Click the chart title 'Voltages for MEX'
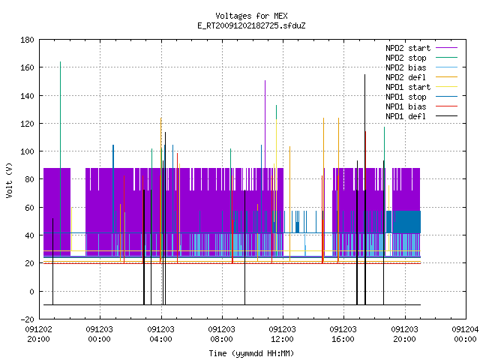pyautogui.click(x=251, y=16)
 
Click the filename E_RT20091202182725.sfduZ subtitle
pyautogui.click(x=251, y=25)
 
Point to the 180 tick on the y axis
pyautogui.click(x=27, y=40)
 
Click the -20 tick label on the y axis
pyautogui.click(x=27, y=319)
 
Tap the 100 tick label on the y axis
pyautogui.click(x=27, y=151)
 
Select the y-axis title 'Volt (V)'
pyautogui.click(x=9, y=180)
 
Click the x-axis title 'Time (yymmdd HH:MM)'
pyautogui.click(x=251, y=353)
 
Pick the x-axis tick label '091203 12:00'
pyautogui.click(x=282, y=334)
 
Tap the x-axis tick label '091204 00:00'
pyautogui.click(x=465, y=334)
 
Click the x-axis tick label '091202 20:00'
pyautogui.click(x=38, y=334)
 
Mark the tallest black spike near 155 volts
pyautogui.click(x=365, y=189)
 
